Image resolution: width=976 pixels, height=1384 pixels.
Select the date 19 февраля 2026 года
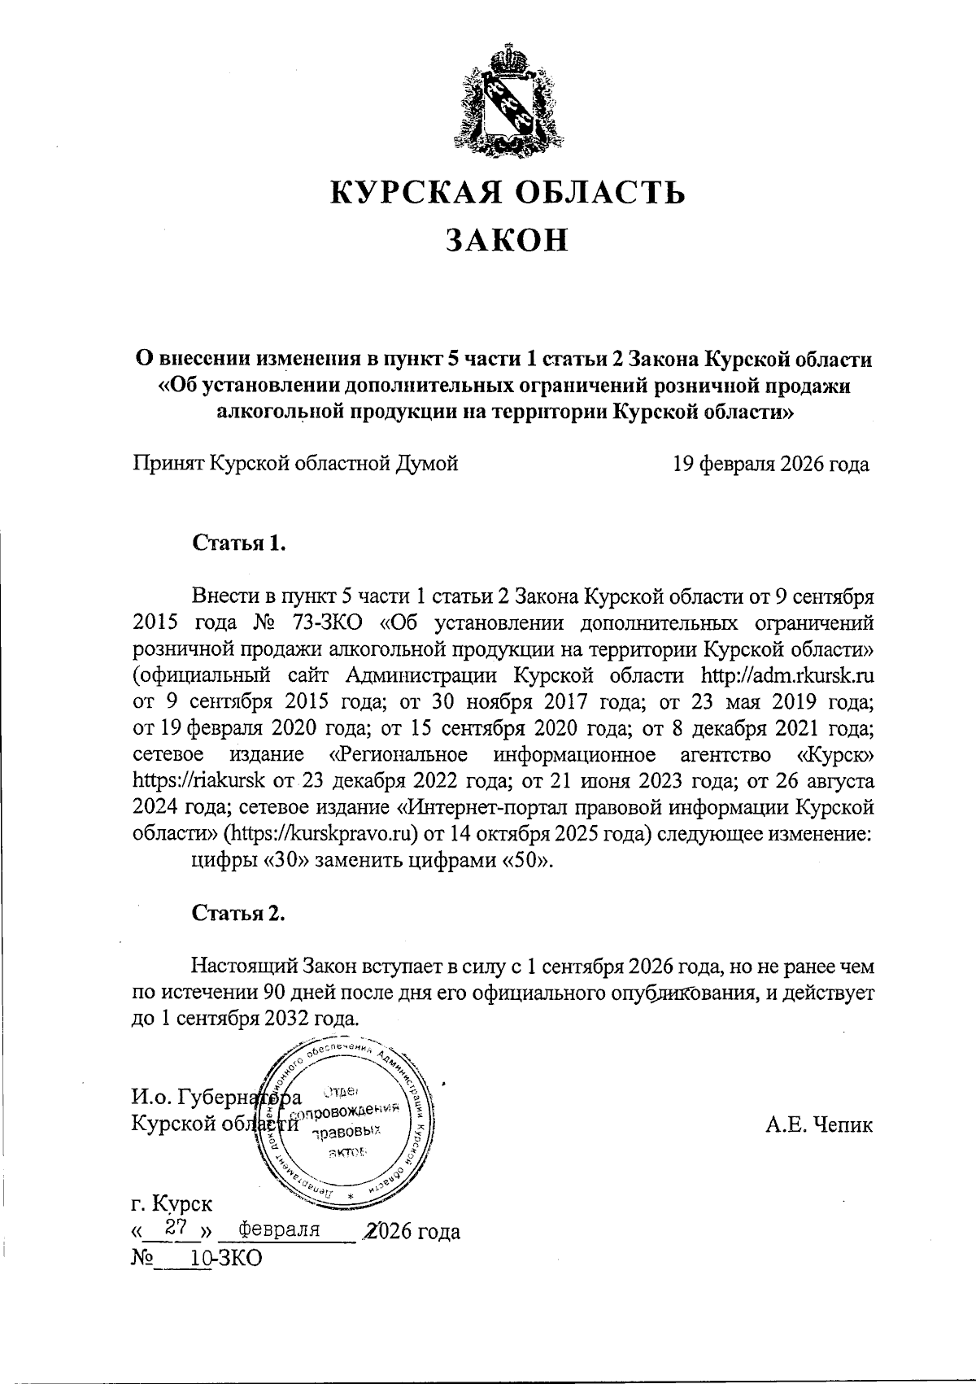pyautogui.click(x=771, y=465)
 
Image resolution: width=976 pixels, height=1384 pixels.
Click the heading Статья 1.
pyautogui.click(x=238, y=543)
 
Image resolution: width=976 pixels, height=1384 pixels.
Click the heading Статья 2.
pyautogui.click(x=238, y=914)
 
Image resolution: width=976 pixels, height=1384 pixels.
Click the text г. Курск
pyautogui.click(x=172, y=1203)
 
